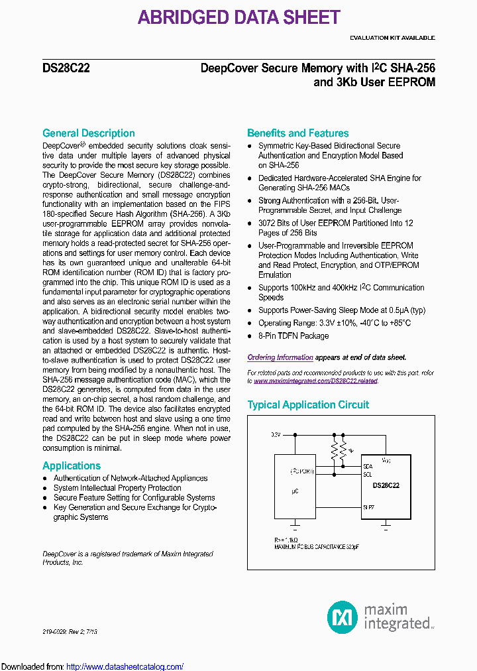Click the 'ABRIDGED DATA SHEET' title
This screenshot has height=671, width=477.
(x=238, y=17)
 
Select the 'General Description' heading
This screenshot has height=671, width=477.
(x=88, y=133)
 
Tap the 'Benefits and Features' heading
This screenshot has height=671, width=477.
(x=297, y=133)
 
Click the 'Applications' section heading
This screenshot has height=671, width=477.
(x=71, y=465)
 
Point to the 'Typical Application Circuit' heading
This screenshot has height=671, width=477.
(x=308, y=404)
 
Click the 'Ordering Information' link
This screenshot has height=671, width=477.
(x=280, y=357)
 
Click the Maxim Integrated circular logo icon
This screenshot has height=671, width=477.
(x=343, y=617)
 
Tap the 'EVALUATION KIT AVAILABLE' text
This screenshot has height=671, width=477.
(x=392, y=38)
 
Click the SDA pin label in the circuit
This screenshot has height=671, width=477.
(x=368, y=467)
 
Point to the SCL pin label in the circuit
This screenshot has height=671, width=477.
(x=368, y=474)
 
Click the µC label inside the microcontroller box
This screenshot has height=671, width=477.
(x=295, y=491)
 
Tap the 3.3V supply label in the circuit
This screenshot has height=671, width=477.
(x=275, y=435)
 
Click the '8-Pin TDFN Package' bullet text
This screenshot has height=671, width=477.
(x=293, y=335)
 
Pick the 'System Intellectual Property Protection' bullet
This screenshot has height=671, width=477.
(x=117, y=488)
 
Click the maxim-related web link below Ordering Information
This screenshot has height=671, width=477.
(x=315, y=381)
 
